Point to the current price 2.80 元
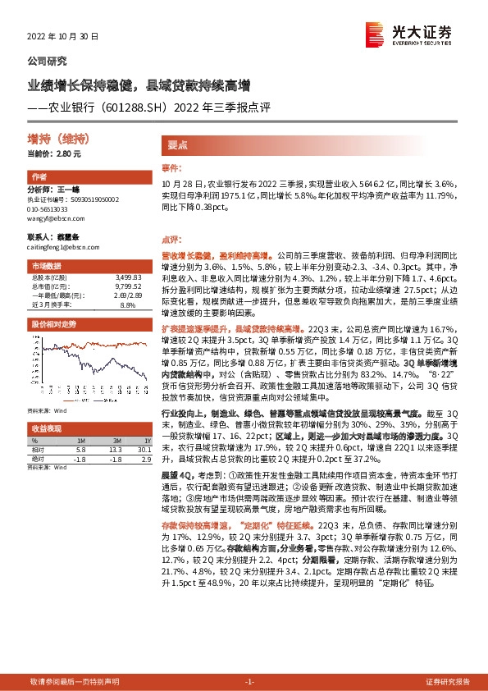[x=67, y=153]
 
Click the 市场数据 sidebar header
[x=46, y=267]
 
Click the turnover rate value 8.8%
[x=128, y=304]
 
